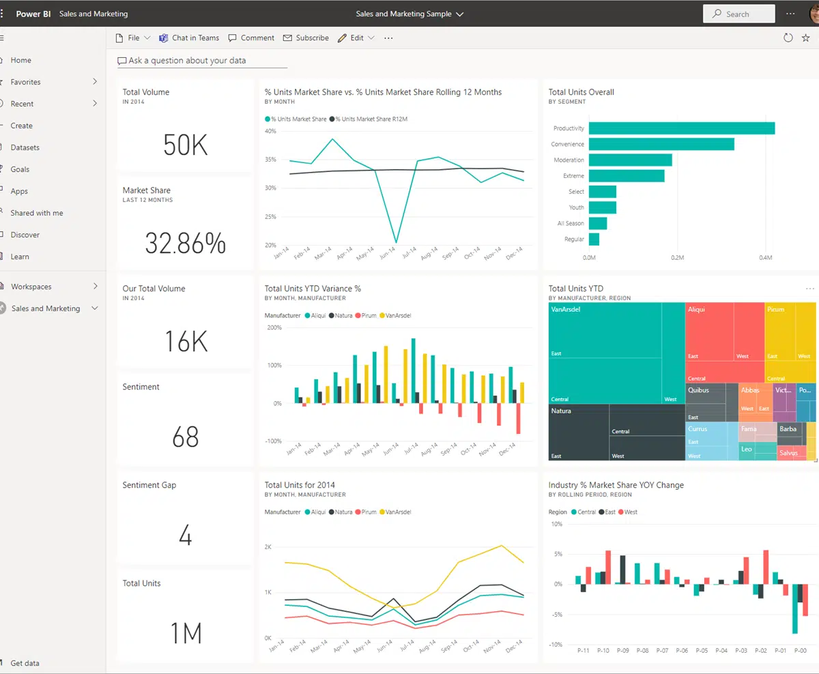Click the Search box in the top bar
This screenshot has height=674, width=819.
point(738,14)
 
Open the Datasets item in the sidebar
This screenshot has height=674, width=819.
point(25,147)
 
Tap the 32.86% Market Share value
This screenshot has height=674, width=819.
point(185,244)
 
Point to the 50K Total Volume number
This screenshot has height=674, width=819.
point(185,145)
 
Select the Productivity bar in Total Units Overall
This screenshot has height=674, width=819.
point(681,128)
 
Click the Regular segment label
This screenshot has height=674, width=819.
point(574,239)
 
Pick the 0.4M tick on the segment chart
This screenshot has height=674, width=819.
point(765,258)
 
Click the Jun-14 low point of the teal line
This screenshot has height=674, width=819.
point(397,242)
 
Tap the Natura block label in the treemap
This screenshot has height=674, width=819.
point(561,411)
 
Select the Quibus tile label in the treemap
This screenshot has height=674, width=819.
point(698,391)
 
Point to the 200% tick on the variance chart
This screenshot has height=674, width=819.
point(274,327)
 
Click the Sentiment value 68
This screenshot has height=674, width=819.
point(185,437)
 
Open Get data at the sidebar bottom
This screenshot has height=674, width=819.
point(25,663)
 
